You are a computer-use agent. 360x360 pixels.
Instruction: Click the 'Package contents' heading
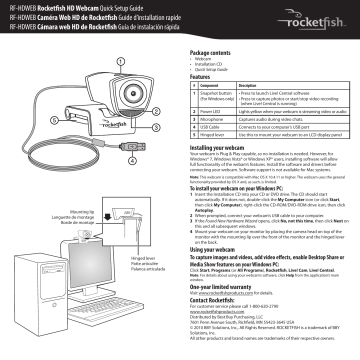[211, 50]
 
